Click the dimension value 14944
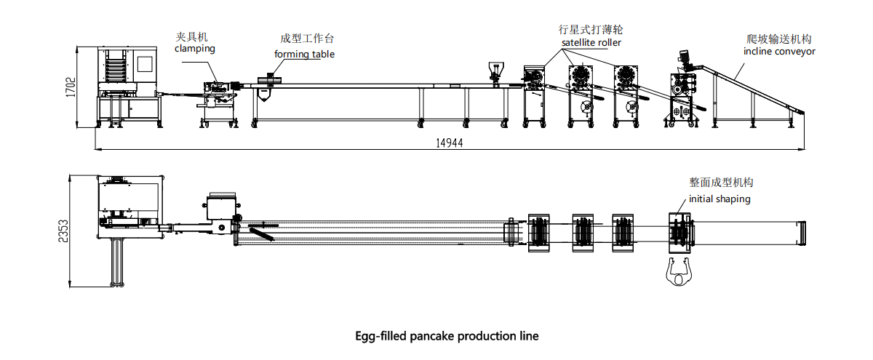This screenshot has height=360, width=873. click(450, 143)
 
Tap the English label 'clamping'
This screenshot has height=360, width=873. click(195, 49)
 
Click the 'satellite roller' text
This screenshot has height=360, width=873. click(591, 43)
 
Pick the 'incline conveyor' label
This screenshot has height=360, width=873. click(779, 52)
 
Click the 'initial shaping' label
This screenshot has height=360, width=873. click(719, 199)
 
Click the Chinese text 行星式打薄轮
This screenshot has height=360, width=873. click(590, 30)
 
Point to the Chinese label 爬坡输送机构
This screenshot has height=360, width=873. click(779, 39)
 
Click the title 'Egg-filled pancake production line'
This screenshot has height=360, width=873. click(447, 336)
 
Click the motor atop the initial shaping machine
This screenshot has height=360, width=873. click(683, 58)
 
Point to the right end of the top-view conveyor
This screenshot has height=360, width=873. click(802, 233)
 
